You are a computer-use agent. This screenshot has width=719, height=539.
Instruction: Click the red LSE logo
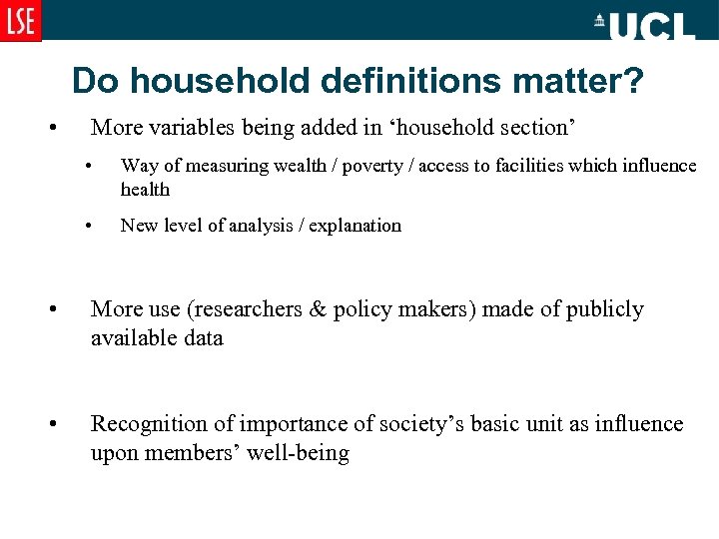[21, 21]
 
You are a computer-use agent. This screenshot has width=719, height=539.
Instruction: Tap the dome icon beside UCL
[600, 20]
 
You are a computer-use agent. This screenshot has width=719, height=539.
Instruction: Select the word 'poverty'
[375, 166]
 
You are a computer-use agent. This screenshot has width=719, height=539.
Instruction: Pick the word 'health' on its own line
[145, 189]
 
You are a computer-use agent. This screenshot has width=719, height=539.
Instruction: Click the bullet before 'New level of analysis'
[89, 226]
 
